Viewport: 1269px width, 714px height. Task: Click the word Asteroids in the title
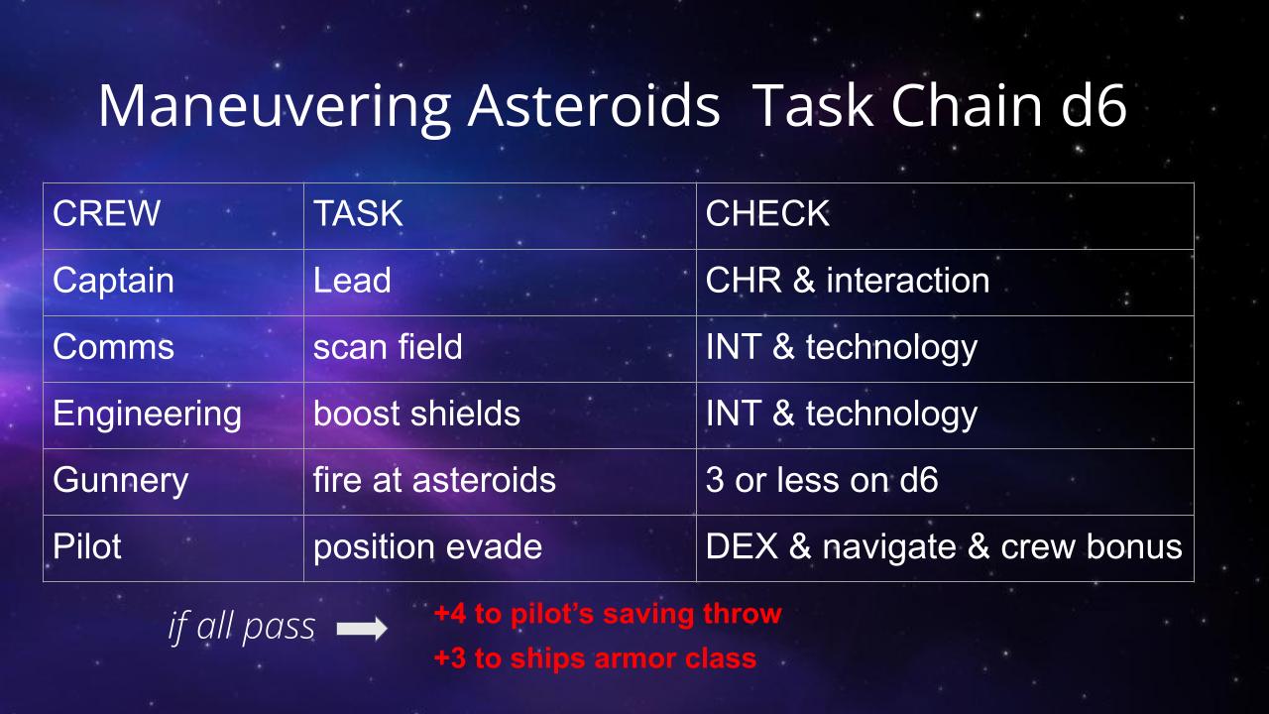(x=594, y=106)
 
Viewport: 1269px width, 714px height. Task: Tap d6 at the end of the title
(x=1094, y=106)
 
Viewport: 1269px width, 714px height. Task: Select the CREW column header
(x=106, y=213)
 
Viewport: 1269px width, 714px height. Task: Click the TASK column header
(x=358, y=213)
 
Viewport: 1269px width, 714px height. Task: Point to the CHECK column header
(x=767, y=213)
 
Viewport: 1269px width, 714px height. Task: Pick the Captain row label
(x=113, y=281)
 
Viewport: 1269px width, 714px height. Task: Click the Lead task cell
(x=352, y=280)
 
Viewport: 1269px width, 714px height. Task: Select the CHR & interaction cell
(x=848, y=280)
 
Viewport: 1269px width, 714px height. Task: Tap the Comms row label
(x=113, y=347)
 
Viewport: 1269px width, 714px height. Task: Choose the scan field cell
(x=388, y=347)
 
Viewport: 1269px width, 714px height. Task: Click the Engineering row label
(x=148, y=415)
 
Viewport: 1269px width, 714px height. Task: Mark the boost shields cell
(x=417, y=414)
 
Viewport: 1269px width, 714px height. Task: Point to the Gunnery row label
(x=121, y=481)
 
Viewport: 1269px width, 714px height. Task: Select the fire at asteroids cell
(x=434, y=480)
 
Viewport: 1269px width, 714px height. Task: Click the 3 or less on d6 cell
(x=822, y=480)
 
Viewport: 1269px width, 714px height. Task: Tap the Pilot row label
(x=87, y=546)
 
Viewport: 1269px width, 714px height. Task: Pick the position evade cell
(x=427, y=547)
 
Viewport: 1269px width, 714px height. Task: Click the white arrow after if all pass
(x=362, y=629)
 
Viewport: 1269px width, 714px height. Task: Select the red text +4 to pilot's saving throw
(x=608, y=614)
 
